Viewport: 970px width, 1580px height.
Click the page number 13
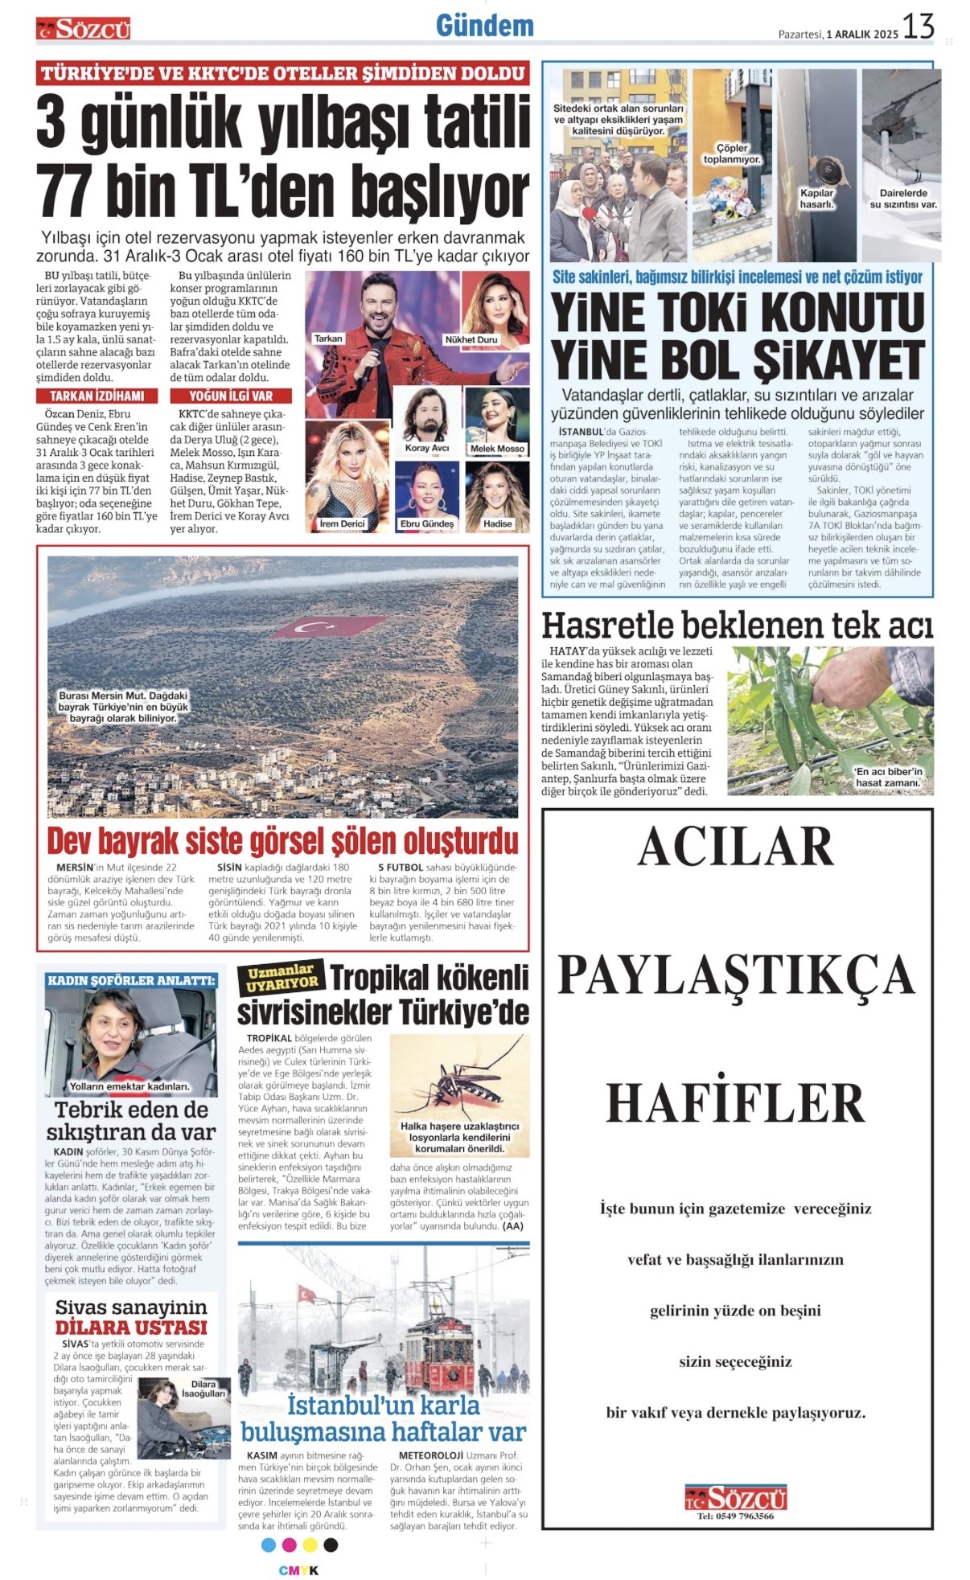918,27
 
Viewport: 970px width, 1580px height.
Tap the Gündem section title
485,26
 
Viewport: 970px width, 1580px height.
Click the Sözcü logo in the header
83,29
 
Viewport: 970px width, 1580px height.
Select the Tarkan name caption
328,339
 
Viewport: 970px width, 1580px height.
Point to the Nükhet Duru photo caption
471,339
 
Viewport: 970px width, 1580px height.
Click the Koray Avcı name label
427,448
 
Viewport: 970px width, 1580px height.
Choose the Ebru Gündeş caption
427,523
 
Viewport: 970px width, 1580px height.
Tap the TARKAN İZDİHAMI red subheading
97,396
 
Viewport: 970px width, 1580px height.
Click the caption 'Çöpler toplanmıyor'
732,154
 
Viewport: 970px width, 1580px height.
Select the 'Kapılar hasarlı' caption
816,199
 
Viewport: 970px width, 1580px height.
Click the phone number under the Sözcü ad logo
735,1516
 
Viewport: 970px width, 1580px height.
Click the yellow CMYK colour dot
310,1545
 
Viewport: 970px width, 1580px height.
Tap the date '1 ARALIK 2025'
862,34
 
